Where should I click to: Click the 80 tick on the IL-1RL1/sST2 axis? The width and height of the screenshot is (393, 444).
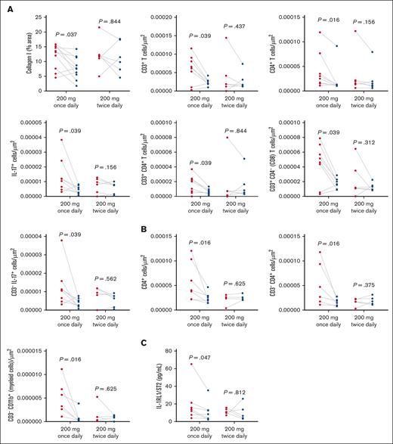tap(153, 351)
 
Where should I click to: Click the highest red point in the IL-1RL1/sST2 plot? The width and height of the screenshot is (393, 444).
tap(170, 365)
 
